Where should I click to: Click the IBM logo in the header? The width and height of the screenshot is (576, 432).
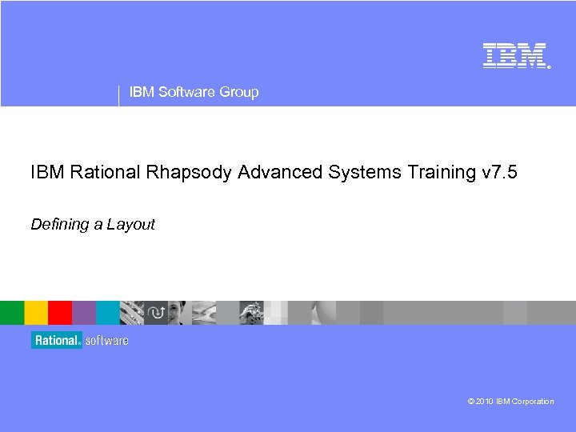coord(514,54)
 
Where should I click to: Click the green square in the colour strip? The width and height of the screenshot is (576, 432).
coord(12,313)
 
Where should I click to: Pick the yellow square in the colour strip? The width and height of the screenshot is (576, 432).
coord(36,313)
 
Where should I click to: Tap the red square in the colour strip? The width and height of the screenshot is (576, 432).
coord(60,313)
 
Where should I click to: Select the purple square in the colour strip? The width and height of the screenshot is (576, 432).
coord(84,313)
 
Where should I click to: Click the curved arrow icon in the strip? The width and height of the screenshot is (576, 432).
coord(156,313)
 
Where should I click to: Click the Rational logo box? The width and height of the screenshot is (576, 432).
coord(57,340)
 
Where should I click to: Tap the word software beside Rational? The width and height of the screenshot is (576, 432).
coord(106,340)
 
